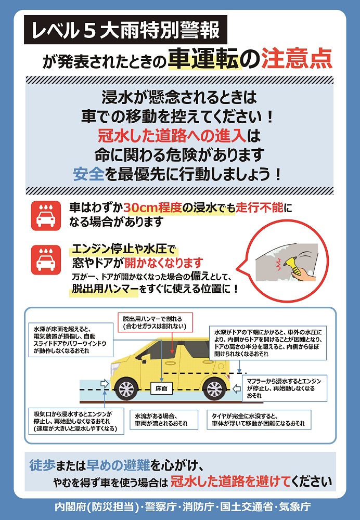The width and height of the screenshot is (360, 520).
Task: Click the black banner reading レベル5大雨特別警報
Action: point(125,30)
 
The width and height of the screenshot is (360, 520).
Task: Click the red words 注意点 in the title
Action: point(297,59)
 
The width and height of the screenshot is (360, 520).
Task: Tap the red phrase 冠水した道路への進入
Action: point(172,135)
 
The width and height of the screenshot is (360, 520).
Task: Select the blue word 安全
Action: point(88,174)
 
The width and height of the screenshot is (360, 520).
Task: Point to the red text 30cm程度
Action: point(153,207)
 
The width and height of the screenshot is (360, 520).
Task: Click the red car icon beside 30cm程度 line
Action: point(46,216)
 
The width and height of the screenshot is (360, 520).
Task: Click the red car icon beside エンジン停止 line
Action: point(46,260)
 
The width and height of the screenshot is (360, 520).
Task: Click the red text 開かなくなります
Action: point(163,263)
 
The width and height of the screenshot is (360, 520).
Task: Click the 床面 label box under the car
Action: point(162,388)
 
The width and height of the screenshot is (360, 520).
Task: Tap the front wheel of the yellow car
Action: point(126,389)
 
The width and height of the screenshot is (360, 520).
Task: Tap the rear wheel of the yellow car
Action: point(214,389)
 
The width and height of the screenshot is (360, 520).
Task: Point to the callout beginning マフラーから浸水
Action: point(285,388)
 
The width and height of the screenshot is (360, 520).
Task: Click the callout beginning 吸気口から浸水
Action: point(76,421)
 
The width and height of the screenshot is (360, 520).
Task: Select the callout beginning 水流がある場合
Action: point(163,420)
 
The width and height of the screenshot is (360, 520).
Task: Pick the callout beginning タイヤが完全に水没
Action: point(259,420)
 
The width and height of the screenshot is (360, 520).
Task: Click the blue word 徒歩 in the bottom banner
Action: point(42,465)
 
